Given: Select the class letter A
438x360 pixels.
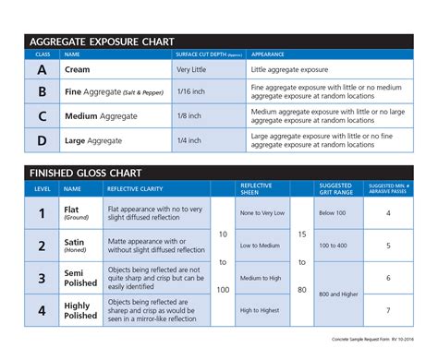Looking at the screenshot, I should (x=42, y=69).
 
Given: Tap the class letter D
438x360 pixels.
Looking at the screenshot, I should (x=42, y=140).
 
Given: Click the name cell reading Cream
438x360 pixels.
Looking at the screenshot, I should (x=77, y=69).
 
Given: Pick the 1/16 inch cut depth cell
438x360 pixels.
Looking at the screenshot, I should (x=191, y=92).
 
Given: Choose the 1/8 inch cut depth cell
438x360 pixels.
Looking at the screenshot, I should (x=189, y=116).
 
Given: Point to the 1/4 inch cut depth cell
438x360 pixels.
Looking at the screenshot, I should (x=189, y=140).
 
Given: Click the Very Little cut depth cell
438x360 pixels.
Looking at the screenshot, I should (x=191, y=69).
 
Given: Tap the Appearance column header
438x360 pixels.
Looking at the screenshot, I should (x=268, y=54).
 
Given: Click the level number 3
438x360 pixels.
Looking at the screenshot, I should (x=42, y=277).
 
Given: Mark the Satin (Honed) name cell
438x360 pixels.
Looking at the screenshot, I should (x=76, y=246).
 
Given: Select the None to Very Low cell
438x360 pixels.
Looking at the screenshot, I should (x=262, y=213).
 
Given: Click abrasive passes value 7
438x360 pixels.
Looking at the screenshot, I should (x=387, y=310).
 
